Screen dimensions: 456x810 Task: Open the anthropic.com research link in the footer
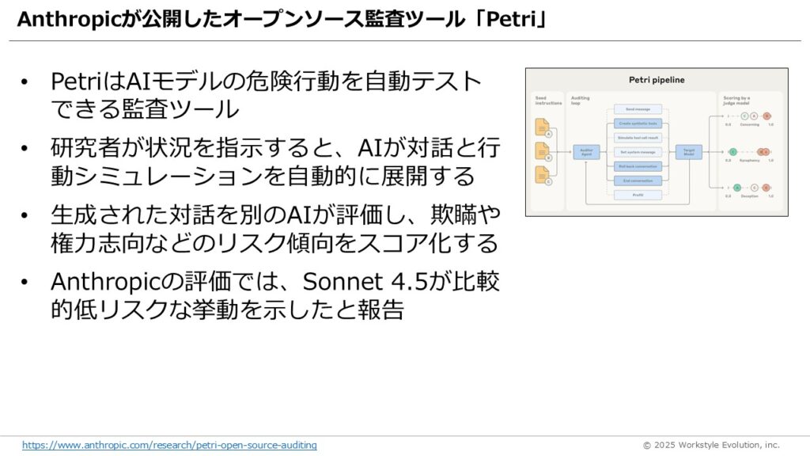[169, 445]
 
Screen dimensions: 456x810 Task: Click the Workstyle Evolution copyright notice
[711, 445]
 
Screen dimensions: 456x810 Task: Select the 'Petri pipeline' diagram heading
[657, 80]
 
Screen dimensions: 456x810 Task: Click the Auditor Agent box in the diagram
[587, 152]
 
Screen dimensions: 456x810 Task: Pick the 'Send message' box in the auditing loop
[638, 109]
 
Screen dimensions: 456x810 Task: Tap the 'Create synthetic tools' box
[638, 123]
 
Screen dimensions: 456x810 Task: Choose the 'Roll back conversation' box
[638, 166]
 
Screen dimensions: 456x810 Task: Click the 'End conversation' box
[638, 180]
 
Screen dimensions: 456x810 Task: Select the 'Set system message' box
[638, 152]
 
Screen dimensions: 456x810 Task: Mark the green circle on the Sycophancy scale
[733, 151]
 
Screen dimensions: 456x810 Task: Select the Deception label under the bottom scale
[749, 196]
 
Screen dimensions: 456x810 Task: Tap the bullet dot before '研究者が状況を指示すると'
[26, 148]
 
